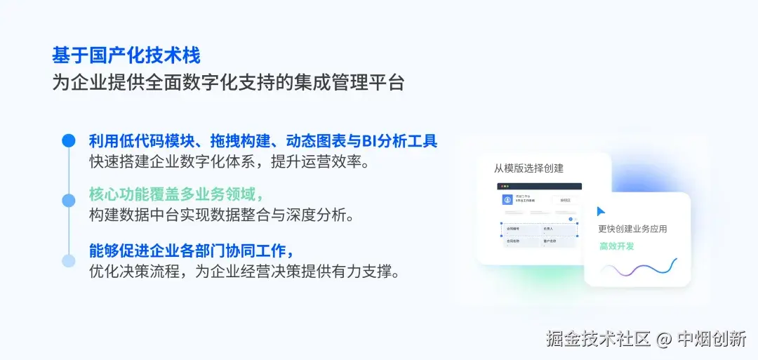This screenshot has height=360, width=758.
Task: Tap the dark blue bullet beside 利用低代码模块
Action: tap(68, 140)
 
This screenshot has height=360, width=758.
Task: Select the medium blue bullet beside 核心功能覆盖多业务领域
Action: tap(68, 201)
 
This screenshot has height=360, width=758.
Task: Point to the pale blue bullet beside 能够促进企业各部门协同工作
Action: tap(68, 261)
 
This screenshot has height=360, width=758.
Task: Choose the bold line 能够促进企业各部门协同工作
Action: tap(191, 251)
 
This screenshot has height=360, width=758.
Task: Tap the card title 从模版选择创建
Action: tap(528, 168)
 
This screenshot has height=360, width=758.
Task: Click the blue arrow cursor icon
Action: tap(601, 211)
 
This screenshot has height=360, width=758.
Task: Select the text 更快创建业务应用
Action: tap(632, 229)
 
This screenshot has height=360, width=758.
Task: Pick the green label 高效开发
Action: tap(617, 246)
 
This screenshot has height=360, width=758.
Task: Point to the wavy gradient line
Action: tap(639, 269)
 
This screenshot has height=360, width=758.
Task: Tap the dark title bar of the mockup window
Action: tap(539, 186)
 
